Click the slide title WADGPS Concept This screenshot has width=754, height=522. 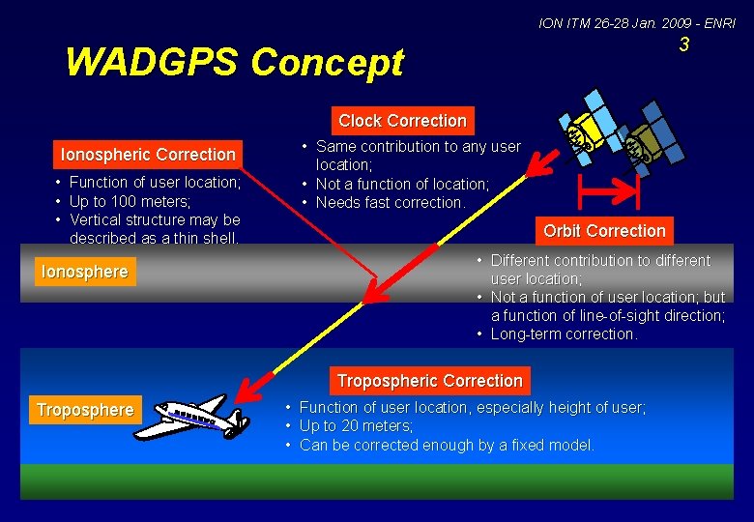point(234,63)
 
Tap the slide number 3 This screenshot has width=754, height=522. point(683,45)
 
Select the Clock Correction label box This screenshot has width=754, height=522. point(402,121)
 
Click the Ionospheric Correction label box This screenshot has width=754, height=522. point(148,155)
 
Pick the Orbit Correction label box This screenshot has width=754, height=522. point(604,231)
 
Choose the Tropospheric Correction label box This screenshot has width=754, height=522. point(429,381)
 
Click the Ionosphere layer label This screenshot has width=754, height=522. point(84,273)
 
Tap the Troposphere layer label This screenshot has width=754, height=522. point(85,410)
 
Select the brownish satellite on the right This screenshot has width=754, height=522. point(646,145)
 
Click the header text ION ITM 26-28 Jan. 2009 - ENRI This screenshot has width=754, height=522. point(636,22)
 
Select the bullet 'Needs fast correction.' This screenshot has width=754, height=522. point(391,202)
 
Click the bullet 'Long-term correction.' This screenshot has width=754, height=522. point(565,334)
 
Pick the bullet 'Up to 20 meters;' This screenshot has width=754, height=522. point(356,426)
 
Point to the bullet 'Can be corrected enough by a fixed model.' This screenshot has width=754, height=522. point(447,445)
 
